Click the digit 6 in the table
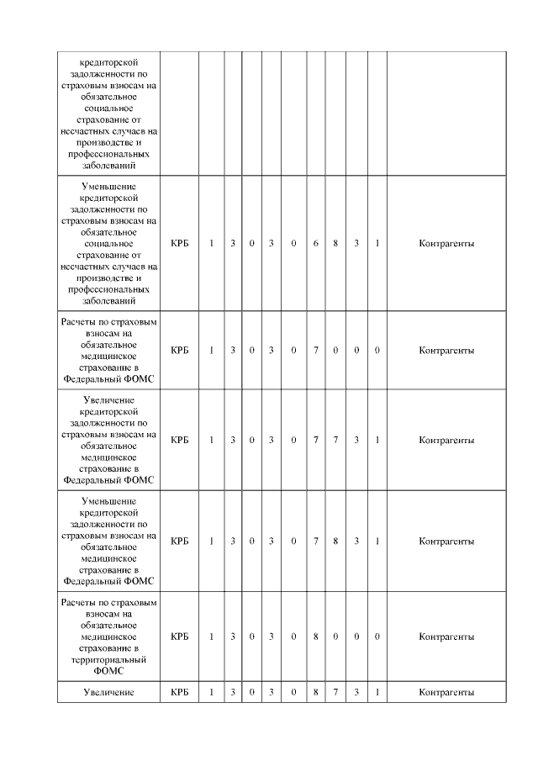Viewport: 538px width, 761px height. pyautogui.click(x=315, y=244)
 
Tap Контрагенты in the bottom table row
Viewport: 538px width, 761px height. pyautogui.click(x=446, y=693)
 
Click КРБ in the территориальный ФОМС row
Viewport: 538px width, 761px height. pyautogui.click(x=179, y=637)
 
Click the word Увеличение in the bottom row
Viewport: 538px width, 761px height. pyautogui.click(x=108, y=693)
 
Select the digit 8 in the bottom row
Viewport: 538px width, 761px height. pyautogui.click(x=315, y=693)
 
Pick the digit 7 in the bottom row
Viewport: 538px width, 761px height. pyautogui.click(x=335, y=693)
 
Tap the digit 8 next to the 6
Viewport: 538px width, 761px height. pyautogui.click(x=335, y=244)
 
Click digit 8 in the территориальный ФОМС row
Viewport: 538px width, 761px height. pyautogui.click(x=315, y=637)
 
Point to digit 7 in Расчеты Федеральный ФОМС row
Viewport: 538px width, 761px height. pyautogui.click(x=315, y=350)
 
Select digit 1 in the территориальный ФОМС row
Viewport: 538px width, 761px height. pyautogui.click(x=211, y=637)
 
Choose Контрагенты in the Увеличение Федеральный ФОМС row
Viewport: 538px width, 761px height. pyautogui.click(x=446, y=440)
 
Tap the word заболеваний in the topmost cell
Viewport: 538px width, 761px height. pyautogui.click(x=108, y=166)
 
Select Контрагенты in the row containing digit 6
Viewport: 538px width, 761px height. pyautogui.click(x=446, y=244)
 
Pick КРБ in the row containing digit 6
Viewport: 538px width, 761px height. pyautogui.click(x=179, y=244)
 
